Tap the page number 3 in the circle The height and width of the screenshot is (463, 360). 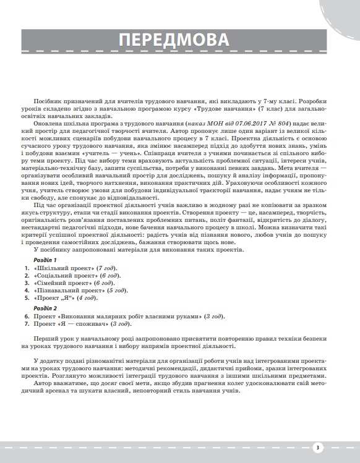(316, 448)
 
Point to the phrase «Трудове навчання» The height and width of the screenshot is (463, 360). (208, 108)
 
